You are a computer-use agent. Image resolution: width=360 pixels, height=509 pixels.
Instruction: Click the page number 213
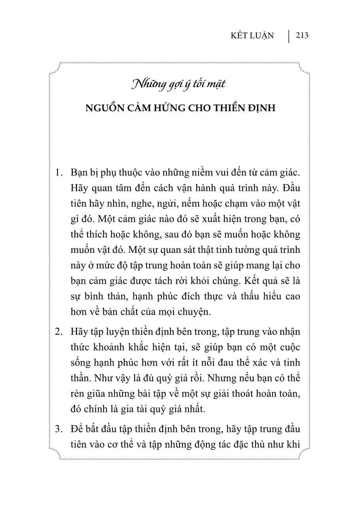pyautogui.click(x=302, y=36)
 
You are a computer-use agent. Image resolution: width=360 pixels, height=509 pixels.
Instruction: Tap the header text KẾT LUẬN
pyautogui.click(x=252, y=36)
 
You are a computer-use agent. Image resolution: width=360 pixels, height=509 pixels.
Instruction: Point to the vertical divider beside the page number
pyautogui.click(x=289, y=36)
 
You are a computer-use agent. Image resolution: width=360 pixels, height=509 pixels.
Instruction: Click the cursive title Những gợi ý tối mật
pyautogui.click(x=180, y=85)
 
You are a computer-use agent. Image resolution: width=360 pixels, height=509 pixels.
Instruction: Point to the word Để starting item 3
pyautogui.click(x=76, y=429)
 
